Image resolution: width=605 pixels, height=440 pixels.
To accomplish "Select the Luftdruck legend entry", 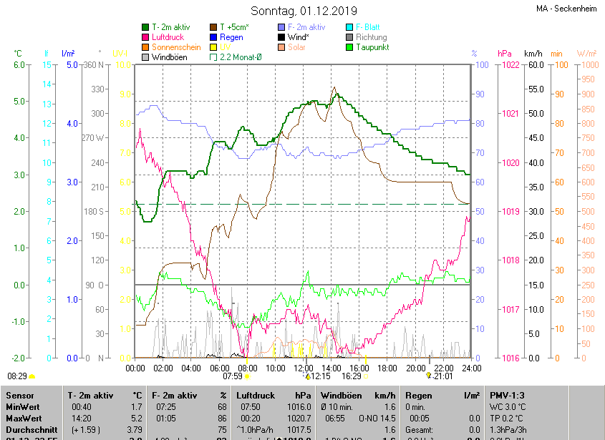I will tap(168, 37).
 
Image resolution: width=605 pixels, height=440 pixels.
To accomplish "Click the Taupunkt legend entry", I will tap(372, 47).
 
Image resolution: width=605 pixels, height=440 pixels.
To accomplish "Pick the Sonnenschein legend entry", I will tap(175, 47).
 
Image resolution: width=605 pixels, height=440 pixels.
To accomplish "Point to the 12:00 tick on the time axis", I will tap(304, 368).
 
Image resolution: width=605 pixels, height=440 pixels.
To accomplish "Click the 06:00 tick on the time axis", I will tap(219, 368).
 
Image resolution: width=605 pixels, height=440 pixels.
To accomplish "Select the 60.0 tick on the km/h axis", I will tap(533, 65).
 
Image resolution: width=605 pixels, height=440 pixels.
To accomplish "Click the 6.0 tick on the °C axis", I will tap(19, 65).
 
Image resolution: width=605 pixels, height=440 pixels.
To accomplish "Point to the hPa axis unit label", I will tap(505, 54).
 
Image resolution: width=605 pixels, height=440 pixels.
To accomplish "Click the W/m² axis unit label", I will tap(586, 54).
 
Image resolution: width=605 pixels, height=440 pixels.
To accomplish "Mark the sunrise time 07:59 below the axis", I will tap(233, 376).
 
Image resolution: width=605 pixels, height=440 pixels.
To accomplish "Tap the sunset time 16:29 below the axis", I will tap(351, 376).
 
